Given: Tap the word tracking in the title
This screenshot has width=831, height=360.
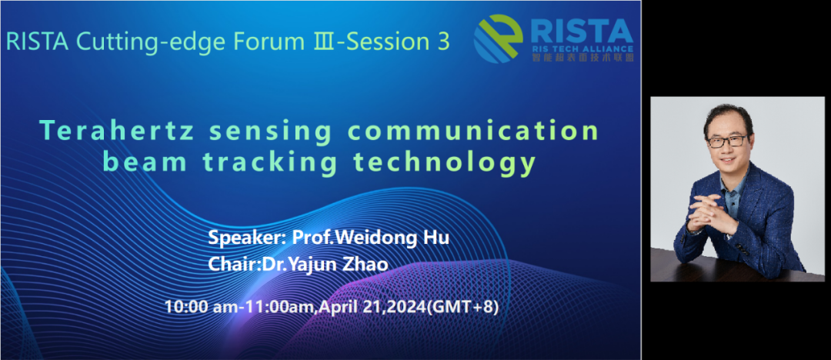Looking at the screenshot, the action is (270, 162).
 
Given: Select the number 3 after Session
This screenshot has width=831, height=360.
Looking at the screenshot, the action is (443, 42).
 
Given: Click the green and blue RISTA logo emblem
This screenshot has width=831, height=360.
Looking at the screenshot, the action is (498, 38).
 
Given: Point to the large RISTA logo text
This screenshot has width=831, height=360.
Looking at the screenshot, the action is (581, 32).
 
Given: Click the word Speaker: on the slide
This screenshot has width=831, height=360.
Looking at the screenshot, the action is (248, 238).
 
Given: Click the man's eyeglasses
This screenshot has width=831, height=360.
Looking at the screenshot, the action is (727, 142).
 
